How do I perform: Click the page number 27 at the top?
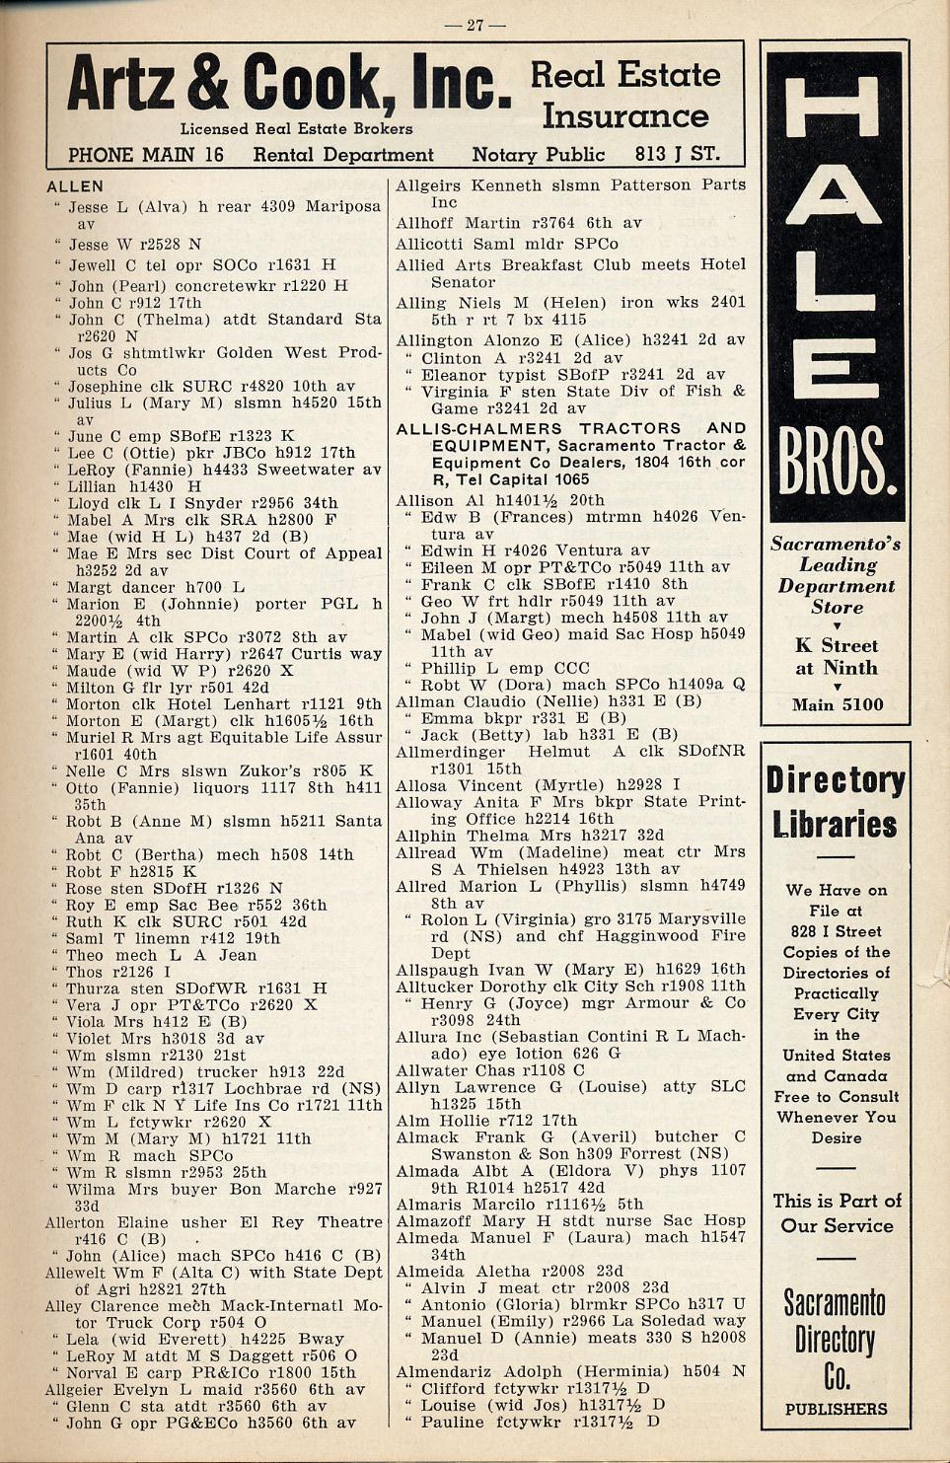pyautogui.click(x=475, y=25)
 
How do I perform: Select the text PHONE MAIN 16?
pyautogui.click(x=146, y=155)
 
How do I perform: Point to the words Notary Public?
pyautogui.click(x=538, y=154)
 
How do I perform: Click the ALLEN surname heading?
pyautogui.click(x=75, y=185)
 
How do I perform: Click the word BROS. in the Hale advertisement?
pyautogui.click(x=837, y=463)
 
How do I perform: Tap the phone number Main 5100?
pyautogui.click(x=837, y=704)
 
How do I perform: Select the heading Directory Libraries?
pyautogui.click(x=836, y=802)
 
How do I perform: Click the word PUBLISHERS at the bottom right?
pyautogui.click(x=836, y=1409)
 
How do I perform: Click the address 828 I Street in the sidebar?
pyautogui.click(x=836, y=931)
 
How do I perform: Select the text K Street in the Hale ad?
pyautogui.click(x=836, y=646)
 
